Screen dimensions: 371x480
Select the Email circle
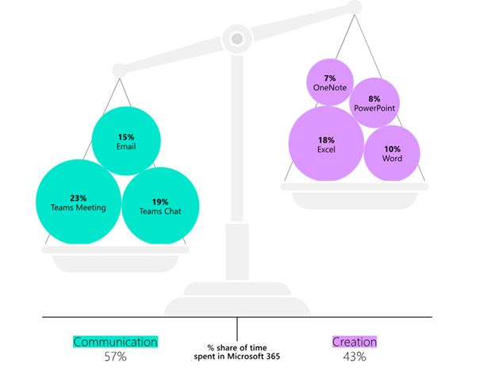[126, 141]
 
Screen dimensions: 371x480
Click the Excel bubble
[325, 144]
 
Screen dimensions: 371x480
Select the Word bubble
[391, 154]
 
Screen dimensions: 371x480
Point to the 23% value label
[78, 197]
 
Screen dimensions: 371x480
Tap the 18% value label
[325, 140]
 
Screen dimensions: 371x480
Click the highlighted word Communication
[115, 342]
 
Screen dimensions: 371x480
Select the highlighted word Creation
[354, 342]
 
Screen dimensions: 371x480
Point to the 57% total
[116, 357]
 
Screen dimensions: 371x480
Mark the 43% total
[354, 357]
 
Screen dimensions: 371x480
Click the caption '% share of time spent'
[237, 347]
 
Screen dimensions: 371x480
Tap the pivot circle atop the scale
[236, 36]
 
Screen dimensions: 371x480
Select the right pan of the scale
[355, 187]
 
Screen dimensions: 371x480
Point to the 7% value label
[329, 78]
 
